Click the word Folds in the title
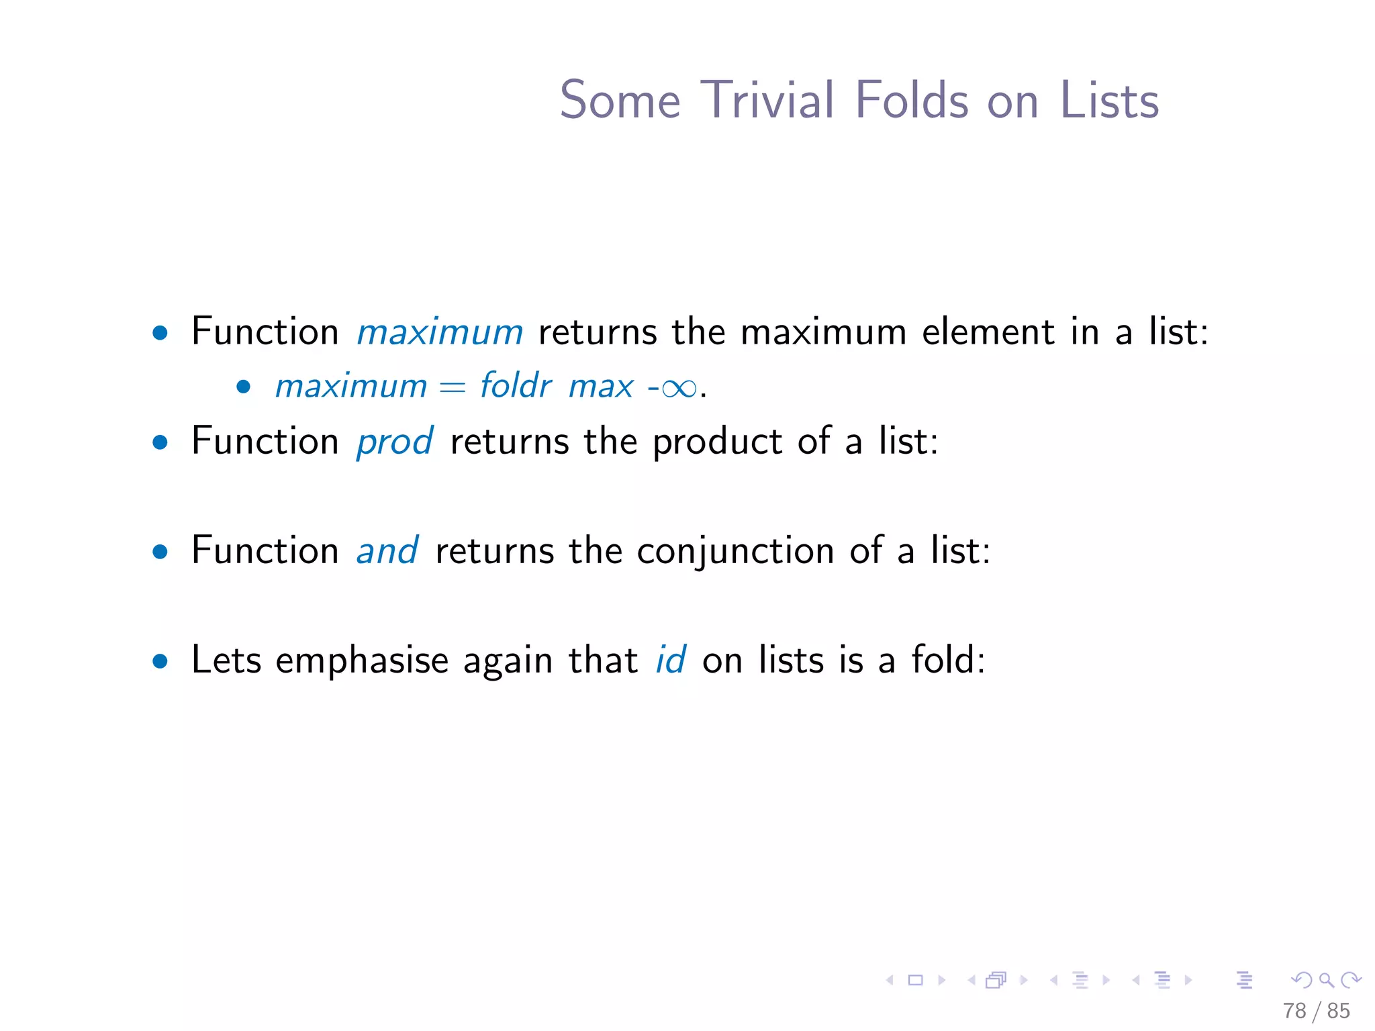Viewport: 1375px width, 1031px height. pos(912,101)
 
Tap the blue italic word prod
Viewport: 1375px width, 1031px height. pos(394,442)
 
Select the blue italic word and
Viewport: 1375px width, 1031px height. pos(387,551)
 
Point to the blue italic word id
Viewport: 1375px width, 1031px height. pos(670,660)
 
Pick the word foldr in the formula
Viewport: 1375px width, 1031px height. pos(515,386)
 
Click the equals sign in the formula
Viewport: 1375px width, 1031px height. pos(453,388)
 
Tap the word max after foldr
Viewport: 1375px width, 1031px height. pos(600,387)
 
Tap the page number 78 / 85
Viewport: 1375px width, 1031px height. pos(1315,1011)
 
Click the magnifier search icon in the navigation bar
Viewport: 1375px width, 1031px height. pos(1326,980)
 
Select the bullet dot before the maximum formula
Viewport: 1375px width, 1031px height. pos(244,387)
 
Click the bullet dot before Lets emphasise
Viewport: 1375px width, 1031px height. pos(160,661)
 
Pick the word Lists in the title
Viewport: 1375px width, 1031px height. pos(1108,101)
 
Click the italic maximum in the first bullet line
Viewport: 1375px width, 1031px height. pos(439,332)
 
